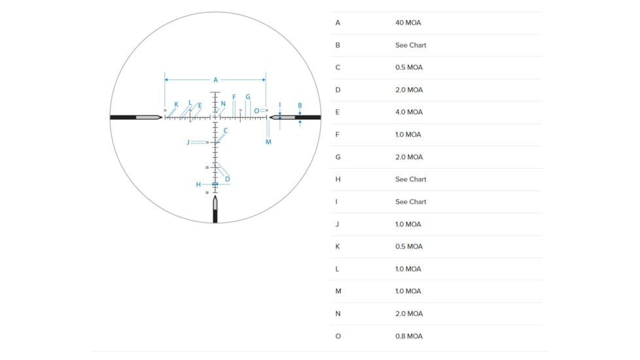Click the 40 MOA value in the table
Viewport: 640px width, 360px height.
click(408, 23)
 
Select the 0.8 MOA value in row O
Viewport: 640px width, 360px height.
click(408, 336)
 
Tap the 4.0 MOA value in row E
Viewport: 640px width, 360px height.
click(408, 112)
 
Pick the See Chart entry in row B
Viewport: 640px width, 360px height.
click(410, 45)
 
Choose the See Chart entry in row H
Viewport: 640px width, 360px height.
click(410, 179)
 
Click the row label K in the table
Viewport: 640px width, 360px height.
click(338, 247)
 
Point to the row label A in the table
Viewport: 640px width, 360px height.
click(338, 23)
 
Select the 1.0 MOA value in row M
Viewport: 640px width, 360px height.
click(408, 291)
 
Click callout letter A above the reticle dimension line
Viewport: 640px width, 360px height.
click(215, 80)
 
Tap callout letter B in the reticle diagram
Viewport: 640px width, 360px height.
click(300, 105)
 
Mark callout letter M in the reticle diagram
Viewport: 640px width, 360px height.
click(268, 142)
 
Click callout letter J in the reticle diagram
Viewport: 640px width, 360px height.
click(188, 142)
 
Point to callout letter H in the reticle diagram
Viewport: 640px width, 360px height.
click(198, 185)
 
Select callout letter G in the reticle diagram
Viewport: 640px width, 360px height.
click(248, 97)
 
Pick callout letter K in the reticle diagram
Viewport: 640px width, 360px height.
click(176, 104)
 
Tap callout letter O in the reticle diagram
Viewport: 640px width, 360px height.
click(257, 111)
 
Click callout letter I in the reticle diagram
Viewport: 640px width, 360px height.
click(279, 105)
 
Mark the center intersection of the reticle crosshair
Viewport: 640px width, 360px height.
click(215, 118)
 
